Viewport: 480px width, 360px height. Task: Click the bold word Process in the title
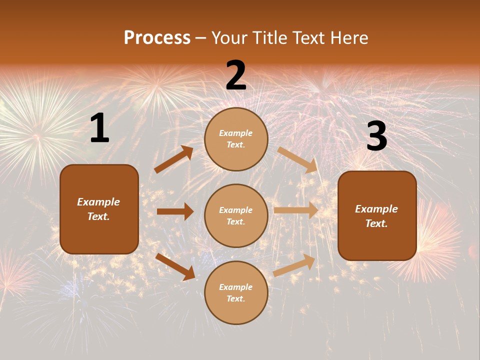(x=157, y=38)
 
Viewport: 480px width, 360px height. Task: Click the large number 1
(x=99, y=128)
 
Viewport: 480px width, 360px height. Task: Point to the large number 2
(x=236, y=75)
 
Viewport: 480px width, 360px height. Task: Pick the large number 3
(x=376, y=136)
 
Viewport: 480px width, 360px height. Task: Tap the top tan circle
(x=236, y=139)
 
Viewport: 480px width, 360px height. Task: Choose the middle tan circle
(x=236, y=216)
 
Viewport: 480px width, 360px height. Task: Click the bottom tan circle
(x=236, y=293)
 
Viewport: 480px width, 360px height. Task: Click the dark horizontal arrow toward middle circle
(x=175, y=211)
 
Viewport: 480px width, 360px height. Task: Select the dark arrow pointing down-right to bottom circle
(x=175, y=266)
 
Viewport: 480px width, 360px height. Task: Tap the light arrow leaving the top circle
(x=297, y=159)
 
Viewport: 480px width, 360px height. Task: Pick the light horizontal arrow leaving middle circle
(x=296, y=210)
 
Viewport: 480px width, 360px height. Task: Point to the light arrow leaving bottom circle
(x=294, y=265)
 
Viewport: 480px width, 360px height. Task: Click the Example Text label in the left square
(x=98, y=209)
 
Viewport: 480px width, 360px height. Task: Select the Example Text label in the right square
(x=376, y=216)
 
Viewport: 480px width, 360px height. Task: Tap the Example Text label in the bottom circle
(x=236, y=293)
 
